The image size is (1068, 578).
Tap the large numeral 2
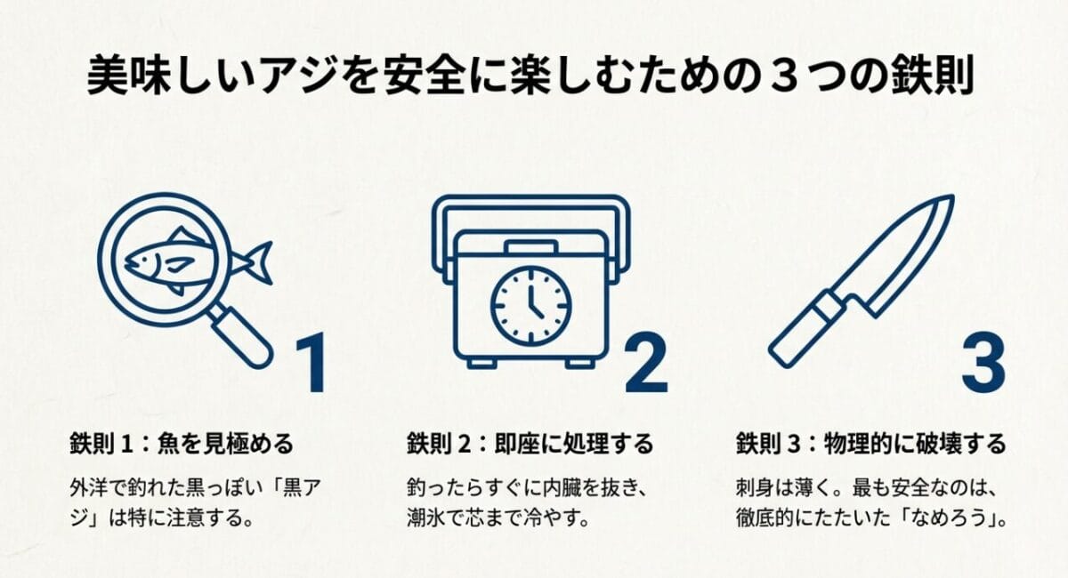point(646,365)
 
